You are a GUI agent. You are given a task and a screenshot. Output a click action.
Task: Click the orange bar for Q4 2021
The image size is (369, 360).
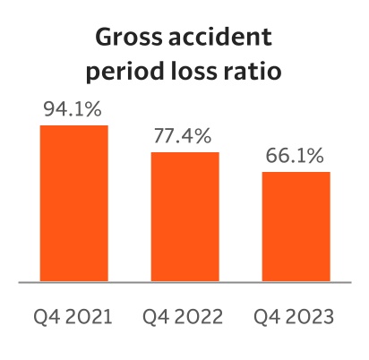point(73,203)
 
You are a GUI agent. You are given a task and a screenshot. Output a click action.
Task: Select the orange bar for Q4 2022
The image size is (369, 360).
point(184,217)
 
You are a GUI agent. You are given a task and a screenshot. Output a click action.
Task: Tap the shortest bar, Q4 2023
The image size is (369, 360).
point(296,227)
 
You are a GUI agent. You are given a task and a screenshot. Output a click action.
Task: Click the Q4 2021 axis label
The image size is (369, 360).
point(73,316)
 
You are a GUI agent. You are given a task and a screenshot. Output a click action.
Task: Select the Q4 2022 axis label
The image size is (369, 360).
point(184,316)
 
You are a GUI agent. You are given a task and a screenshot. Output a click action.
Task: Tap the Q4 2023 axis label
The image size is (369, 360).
point(296,316)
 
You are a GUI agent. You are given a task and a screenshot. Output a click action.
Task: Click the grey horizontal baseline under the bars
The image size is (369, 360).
point(184,283)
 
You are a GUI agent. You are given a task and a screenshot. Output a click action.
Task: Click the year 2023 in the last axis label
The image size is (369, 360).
point(312,316)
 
